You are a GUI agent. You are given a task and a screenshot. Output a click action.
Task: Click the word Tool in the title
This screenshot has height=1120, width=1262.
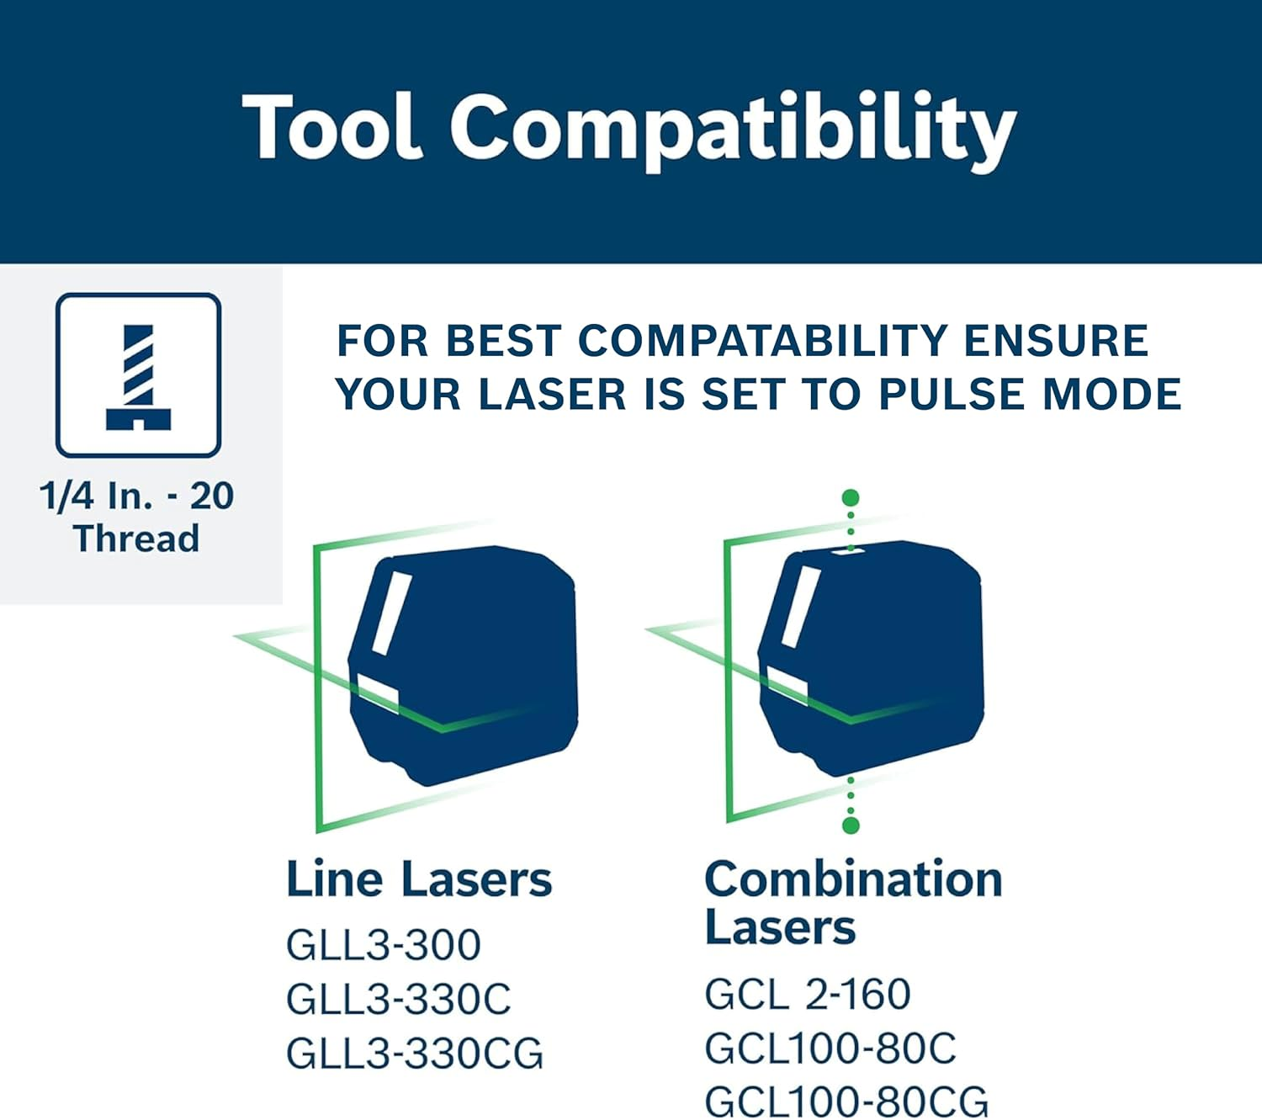[x=331, y=126]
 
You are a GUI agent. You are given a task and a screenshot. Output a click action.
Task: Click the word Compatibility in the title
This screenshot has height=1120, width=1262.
[x=732, y=130]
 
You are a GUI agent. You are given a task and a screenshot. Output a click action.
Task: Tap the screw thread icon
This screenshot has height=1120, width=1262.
[x=138, y=375]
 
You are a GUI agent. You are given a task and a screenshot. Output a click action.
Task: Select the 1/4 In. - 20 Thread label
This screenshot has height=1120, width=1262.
[x=136, y=517]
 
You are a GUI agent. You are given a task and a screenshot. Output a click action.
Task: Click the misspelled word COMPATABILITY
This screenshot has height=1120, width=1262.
[x=764, y=341]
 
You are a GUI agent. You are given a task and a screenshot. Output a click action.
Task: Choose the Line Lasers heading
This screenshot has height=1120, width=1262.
[x=419, y=879]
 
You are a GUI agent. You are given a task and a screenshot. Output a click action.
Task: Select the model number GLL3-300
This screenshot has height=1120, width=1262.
[x=384, y=944]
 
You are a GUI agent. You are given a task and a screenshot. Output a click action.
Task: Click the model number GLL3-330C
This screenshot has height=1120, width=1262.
[x=399, y=999]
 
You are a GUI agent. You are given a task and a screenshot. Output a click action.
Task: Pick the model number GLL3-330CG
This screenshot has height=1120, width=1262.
[x=415, y=1054]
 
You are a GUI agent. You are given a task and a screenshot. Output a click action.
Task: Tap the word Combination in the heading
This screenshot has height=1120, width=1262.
[x=853, y=879]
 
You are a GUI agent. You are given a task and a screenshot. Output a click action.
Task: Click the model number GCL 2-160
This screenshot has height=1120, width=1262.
[x=808, y=994]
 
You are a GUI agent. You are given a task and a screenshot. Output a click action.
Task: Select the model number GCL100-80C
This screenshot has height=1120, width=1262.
[x=830, y=1048]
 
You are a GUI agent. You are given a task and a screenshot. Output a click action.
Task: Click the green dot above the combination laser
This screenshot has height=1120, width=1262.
[x=851, y=497]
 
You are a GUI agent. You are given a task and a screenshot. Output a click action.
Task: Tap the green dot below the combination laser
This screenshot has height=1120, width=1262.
[x=851, y=825]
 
